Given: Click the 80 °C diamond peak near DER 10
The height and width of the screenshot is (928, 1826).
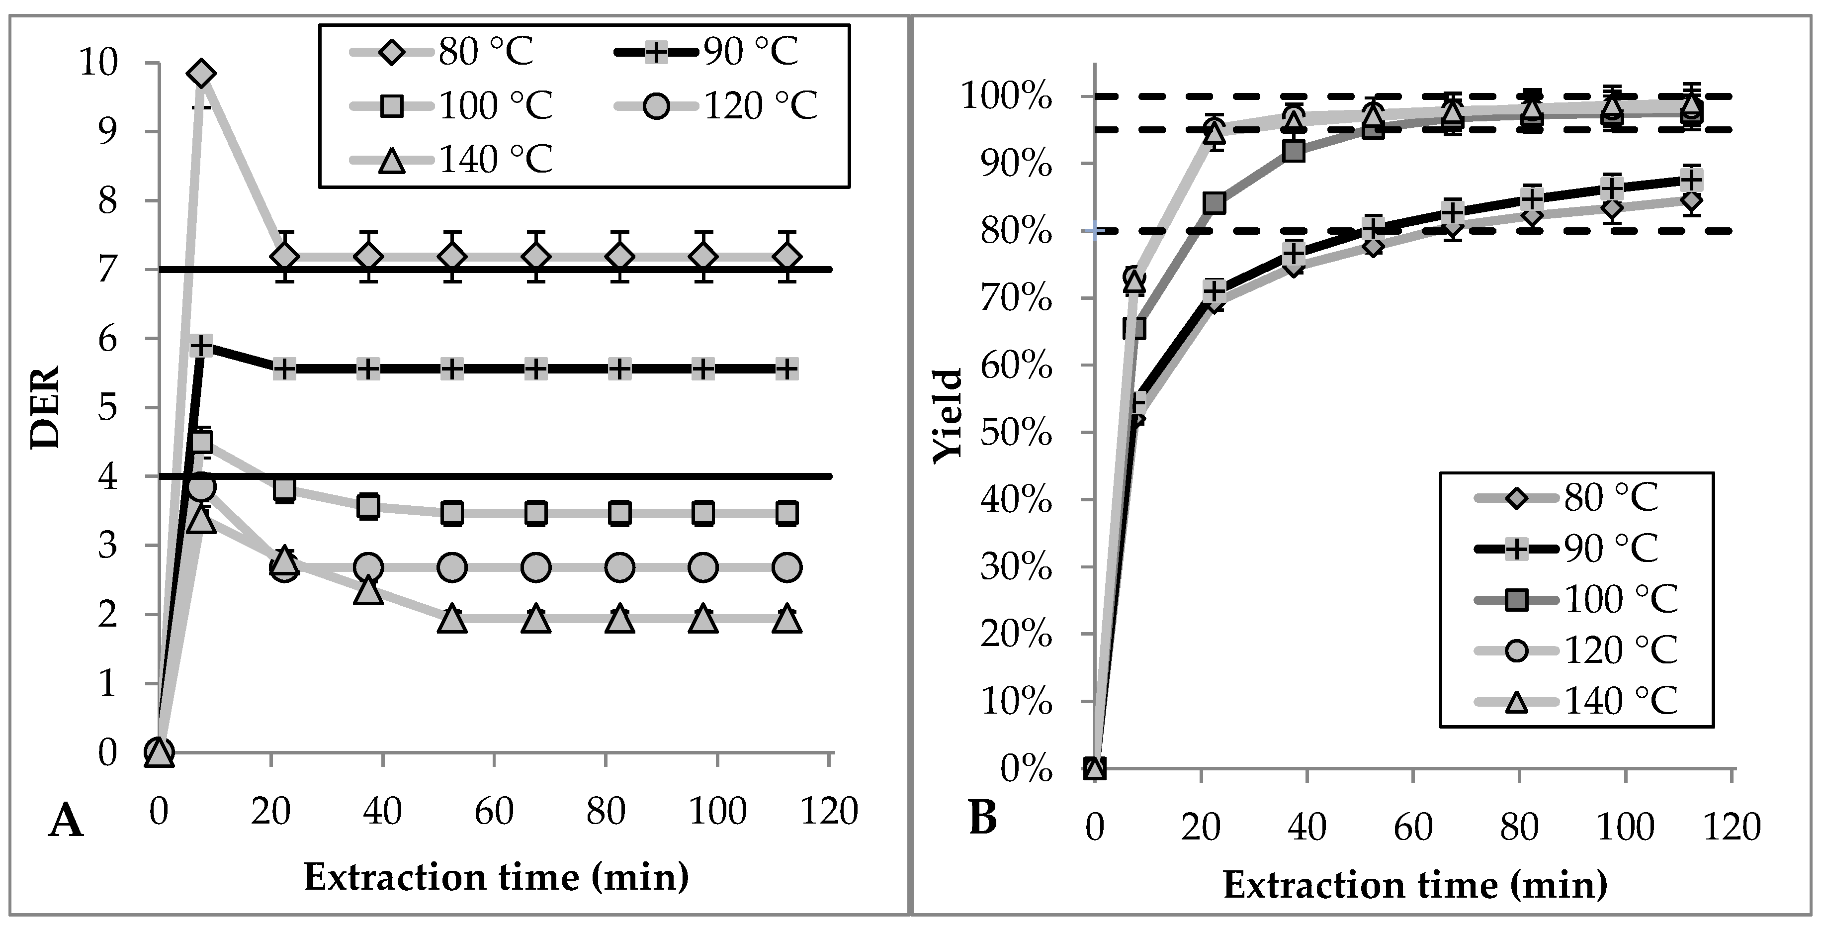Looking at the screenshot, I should coord(201,74).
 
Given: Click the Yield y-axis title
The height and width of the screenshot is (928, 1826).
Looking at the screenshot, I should coord(949,417).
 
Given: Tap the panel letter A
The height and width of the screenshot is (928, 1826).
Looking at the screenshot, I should coord(66,823).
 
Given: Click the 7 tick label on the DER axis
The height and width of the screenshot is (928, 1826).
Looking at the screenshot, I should coord(108,270).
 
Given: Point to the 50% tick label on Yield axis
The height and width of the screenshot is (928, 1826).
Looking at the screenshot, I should coord(1016,434).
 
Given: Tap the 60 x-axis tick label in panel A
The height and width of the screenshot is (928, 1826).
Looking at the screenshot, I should coord(494,810).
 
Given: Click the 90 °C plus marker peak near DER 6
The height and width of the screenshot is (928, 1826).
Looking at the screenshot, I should coord(202,347).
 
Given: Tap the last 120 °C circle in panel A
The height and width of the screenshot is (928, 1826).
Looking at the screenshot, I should coord(787,567).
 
